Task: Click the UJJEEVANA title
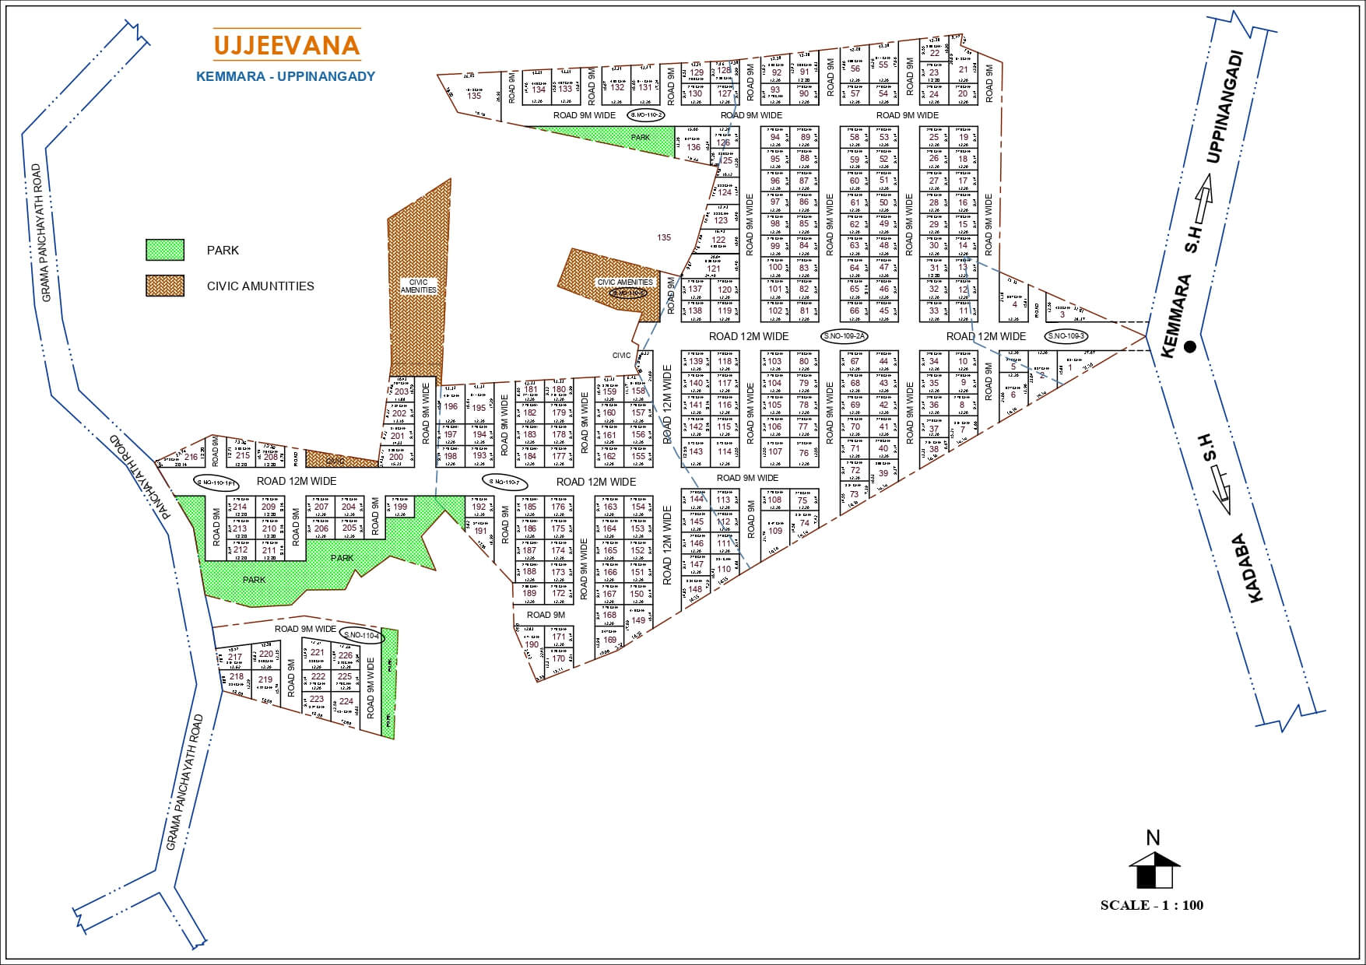coord(286,45)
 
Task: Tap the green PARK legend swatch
coord(165,250)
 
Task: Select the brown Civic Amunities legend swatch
coord(165,286)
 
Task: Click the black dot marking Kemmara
coord(1189,348)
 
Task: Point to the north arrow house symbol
coord(1154,869)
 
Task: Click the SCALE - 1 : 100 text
coord(1151,905)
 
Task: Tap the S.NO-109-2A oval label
coord(845,336)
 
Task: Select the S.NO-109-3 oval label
coord(1066,336)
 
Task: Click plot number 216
coord(191,457)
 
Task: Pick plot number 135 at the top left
coord(474,96)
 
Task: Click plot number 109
coord(775,531)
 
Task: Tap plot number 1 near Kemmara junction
coord(1069,367)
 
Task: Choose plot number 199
coord(400,507)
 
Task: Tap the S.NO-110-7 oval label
coord(504,482)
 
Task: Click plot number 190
coord(532,644)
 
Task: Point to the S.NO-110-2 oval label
coord(646,115)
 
